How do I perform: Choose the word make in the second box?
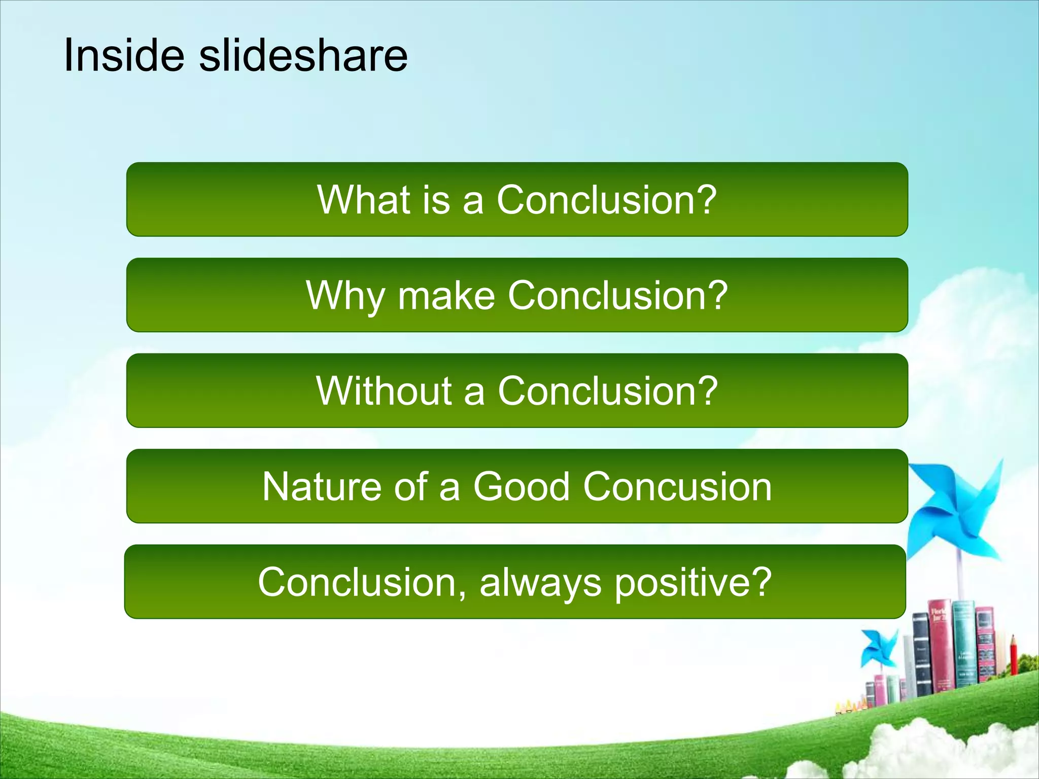click(446, 296)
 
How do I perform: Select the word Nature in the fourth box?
click(322, 487)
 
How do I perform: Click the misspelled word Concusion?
click(677, 487)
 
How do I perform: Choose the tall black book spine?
click(921, 654)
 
